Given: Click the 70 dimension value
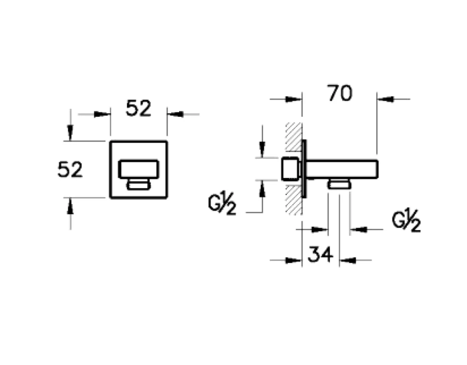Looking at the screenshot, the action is [339, 93].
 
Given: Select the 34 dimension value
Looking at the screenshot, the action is [320, 255].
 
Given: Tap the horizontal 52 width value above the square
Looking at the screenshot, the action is [139, 108].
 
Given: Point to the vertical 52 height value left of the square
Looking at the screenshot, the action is [70, 169].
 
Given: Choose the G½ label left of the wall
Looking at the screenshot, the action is [222, 204].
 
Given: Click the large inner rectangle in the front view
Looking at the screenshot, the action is [139, 169].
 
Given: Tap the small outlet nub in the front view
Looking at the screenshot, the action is [139, 184].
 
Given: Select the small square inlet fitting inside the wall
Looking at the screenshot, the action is [290, 168].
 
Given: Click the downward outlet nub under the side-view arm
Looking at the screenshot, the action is [339, 184].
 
